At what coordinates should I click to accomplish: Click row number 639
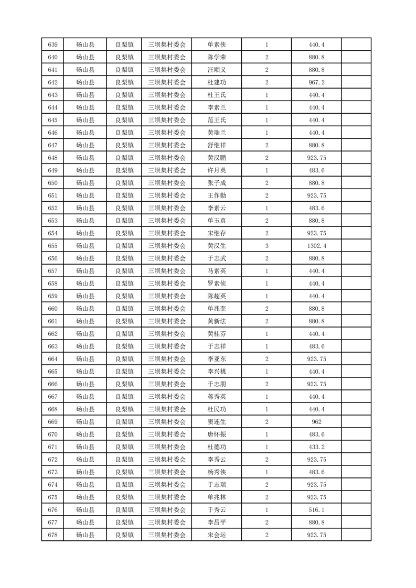[x=52, y=45]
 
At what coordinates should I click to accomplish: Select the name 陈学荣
[x=217, y=57]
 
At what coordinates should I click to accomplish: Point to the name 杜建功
[x=217, y=82]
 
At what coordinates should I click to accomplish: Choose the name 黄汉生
[x=217, y=246]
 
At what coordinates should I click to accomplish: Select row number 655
[x=52, y=246]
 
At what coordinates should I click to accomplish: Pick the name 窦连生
[x=217, y=422]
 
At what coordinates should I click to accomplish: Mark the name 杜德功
[x=217, y=447]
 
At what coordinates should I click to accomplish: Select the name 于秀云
[x=217, y=510]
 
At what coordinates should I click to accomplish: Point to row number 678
[x=52, y=535]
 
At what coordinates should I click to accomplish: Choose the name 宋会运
[x=217, y=535]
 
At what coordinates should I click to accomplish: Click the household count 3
[x=267, y=246]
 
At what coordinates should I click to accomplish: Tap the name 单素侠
[x=217, y=45]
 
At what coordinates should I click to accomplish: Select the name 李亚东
[x=217, y=359]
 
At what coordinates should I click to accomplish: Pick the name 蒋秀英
[x=217, y=397]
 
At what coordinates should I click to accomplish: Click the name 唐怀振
[x=217, y=434]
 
